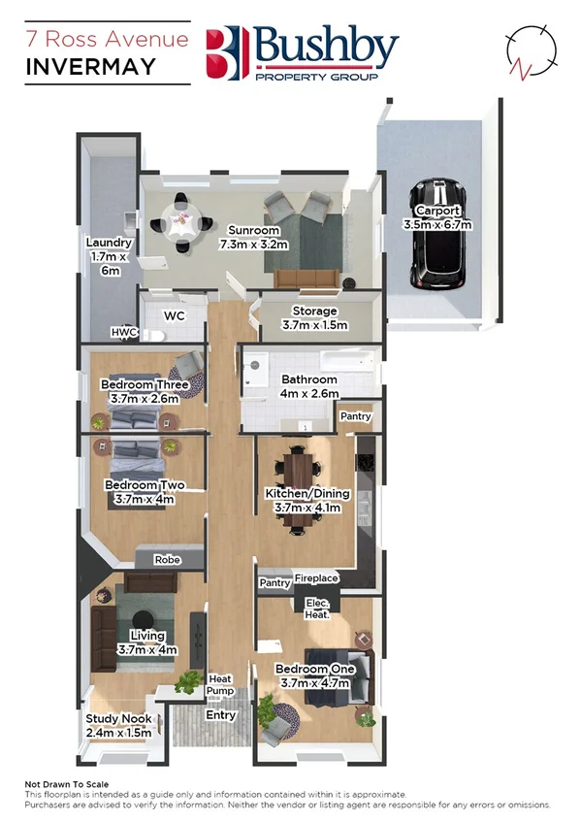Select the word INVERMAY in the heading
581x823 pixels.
tap(90, 67)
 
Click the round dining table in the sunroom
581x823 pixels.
tap(181, 222)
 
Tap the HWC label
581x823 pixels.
tap(124, 332)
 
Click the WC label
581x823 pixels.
tap(175, 316)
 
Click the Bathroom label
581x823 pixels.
tap(309, 379)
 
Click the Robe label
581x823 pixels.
tap(169, 559)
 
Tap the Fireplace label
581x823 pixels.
tap(316, 578)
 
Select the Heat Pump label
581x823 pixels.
tap(221, 684)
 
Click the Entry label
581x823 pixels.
tap(221, 715)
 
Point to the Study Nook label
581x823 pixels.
tap(118, 719)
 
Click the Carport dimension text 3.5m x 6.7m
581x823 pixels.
tap(436, 224)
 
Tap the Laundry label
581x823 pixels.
tap(102, 243)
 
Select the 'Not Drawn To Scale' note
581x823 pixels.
tap(66, 784)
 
